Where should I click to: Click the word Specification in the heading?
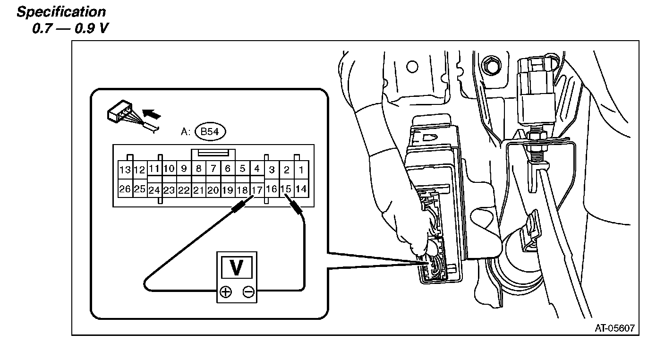pyautogui.click(x=61, y=12)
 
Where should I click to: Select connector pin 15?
pyautogui.click(x=286, y=189)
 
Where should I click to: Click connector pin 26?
pyautogui.click(x=125, y=189)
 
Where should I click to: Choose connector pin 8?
pyautogui.click(x=198, y=168)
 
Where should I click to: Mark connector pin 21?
pyautogui.click(x=198, y=190)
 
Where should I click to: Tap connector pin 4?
pyautogui.click(x=256, y=168)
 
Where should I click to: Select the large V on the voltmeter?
pyautogui.click(x=237, y=268)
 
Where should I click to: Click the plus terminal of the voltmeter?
pyautogui.click(x=226, y=292)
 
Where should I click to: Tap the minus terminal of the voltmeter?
pyautogui.click(x=248, y=292)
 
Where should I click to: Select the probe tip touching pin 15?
pyautogui.click(x=295, y=206)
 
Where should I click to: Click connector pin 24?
pyautogui.click(x=154, y=190)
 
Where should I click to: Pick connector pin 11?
pyautogui.click(x=154, y=168)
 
